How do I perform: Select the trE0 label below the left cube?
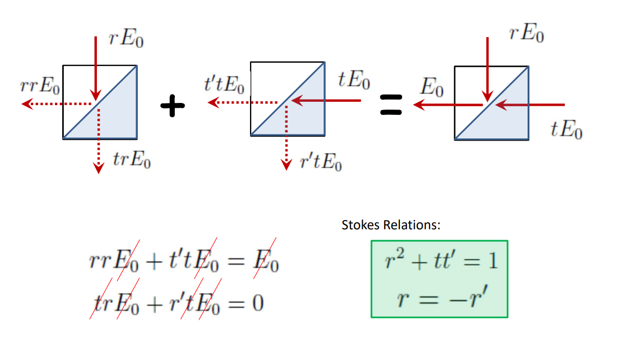[132, 160]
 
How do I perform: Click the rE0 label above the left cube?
[126, 40]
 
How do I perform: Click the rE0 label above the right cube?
[527, 34]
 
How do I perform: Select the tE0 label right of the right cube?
[566, 130]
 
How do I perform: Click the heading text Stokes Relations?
[391, 225]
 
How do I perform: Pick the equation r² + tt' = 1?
[439, 261]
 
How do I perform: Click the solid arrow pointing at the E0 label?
[447, 105]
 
